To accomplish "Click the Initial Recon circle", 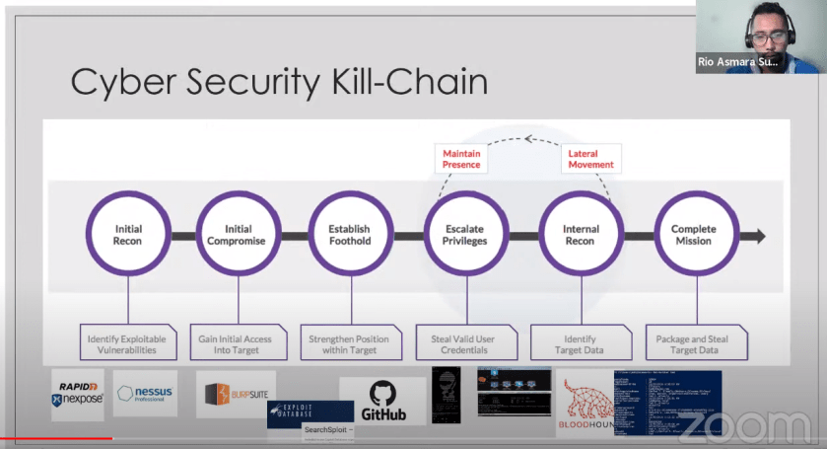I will point(128,236).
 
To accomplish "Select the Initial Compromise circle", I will point(241,236).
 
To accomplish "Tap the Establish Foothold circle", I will point(352,236).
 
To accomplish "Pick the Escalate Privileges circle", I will point(465,236).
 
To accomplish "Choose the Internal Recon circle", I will point(581,236).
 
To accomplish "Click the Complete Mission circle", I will point(693,236).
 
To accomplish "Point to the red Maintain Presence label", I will point(461,159).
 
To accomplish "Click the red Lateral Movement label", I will point(590,159).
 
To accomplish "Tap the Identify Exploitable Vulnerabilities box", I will point(128,344).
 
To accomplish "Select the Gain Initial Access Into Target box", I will point(241,344).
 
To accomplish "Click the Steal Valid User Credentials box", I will point(462,344).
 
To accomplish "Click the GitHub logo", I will point(382,401).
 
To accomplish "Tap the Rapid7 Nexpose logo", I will point(77,394).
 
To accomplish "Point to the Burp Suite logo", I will point(236,395).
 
